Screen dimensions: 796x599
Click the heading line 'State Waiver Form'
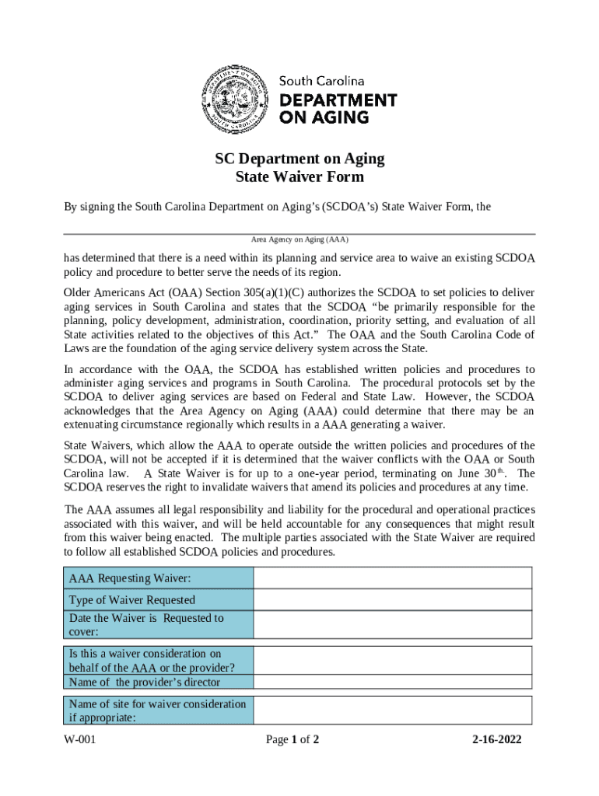coord(299,176)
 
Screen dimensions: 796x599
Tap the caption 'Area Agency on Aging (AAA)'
coord(299,240)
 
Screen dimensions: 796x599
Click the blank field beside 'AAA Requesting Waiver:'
coord(393,578)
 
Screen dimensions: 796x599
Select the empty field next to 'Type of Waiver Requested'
coord(393,600)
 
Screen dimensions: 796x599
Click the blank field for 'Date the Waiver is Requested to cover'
coord(393,625)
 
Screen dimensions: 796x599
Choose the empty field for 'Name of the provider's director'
coord(393,683)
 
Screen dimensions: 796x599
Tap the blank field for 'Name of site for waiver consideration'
coord(393,710)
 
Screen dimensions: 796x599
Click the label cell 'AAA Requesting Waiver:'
coord(130,578)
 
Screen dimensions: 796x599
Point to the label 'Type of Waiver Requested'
coord(132,600)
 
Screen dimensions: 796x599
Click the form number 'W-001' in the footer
coord(80,739)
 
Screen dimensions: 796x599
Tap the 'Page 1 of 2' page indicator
coord(292,739)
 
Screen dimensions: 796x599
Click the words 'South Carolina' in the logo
coord(322,81)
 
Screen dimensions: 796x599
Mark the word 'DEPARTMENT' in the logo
coord(338,100)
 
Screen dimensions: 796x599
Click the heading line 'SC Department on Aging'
coord(299,159)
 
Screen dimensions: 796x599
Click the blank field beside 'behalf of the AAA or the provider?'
coord(393,661)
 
